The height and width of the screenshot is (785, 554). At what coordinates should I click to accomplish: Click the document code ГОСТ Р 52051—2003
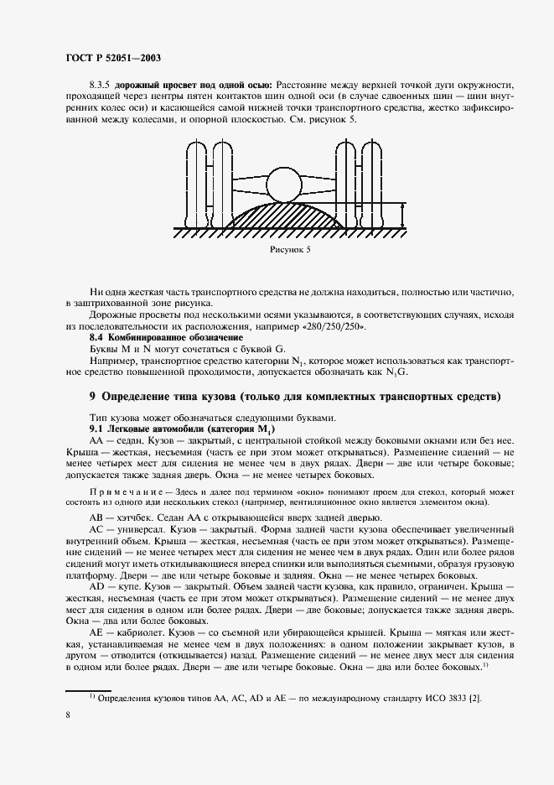click(x=112, y=58)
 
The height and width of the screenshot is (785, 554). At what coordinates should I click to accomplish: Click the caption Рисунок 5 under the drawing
click(x=289, y=249)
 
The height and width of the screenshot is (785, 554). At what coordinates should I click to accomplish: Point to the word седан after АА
click(x=135, y=439)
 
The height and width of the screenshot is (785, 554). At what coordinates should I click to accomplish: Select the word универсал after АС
click(x=145, y=531)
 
